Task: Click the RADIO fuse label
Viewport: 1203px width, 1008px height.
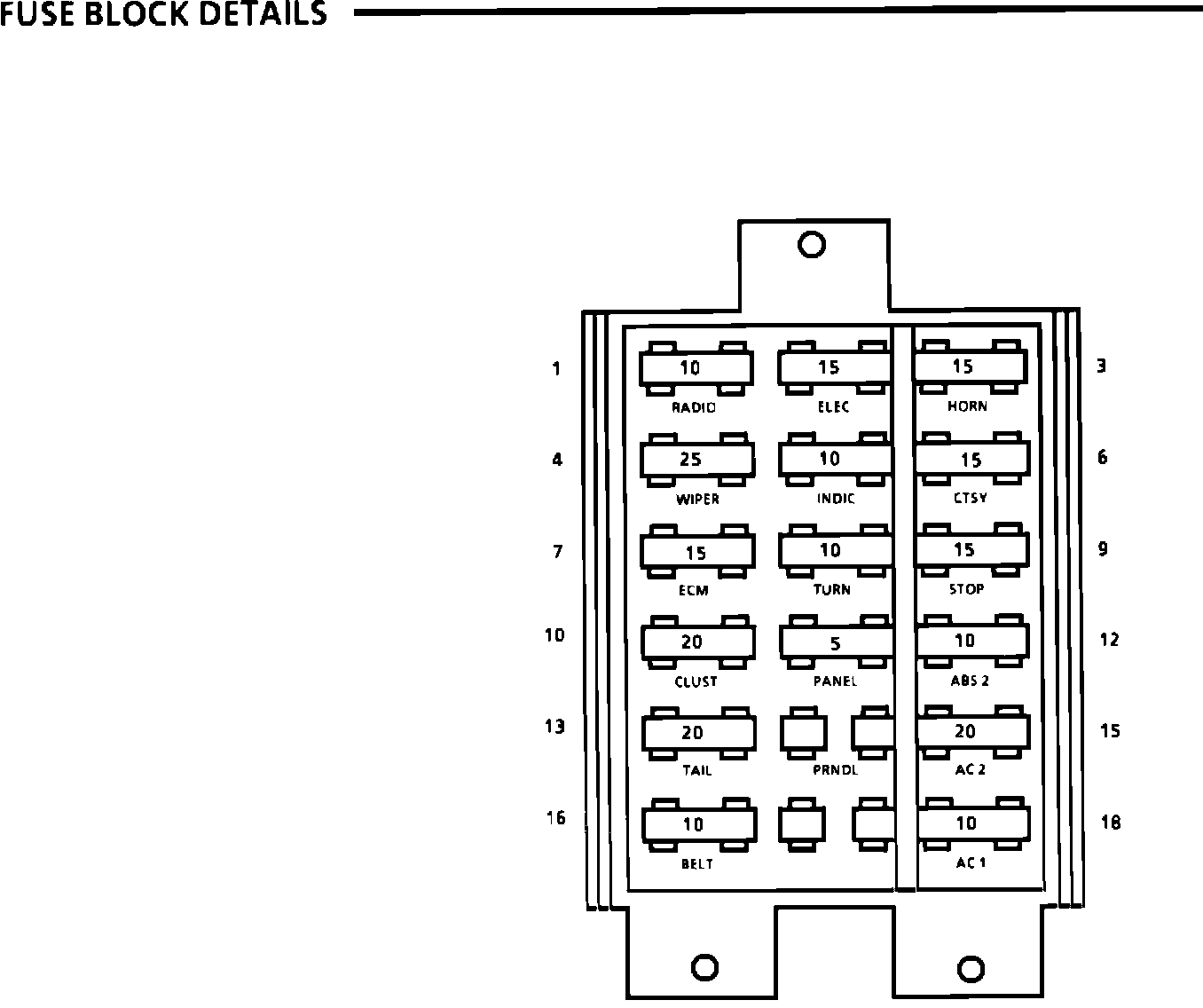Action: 693,407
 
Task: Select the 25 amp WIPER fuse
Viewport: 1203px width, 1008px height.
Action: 696,460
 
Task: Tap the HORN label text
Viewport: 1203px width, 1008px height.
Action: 966,406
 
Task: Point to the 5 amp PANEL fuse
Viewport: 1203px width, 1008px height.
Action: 836,643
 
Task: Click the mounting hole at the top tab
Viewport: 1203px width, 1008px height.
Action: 812,244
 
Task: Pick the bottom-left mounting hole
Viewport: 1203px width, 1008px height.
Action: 704,965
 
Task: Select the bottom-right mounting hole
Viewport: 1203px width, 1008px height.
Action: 971,965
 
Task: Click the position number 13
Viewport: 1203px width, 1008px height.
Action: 554,727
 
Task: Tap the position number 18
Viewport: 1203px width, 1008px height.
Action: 1110,823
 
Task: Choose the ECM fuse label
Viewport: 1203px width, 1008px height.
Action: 693,590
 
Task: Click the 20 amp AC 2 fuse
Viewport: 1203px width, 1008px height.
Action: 971,732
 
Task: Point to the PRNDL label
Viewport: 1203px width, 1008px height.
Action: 835,770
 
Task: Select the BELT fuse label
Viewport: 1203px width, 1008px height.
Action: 696,863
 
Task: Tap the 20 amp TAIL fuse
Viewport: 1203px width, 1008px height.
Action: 698,733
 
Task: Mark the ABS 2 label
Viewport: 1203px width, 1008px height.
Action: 970,681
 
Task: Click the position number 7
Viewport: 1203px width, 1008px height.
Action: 557,552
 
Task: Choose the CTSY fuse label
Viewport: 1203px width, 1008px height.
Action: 970,498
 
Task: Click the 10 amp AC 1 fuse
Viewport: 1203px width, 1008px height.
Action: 971,823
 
